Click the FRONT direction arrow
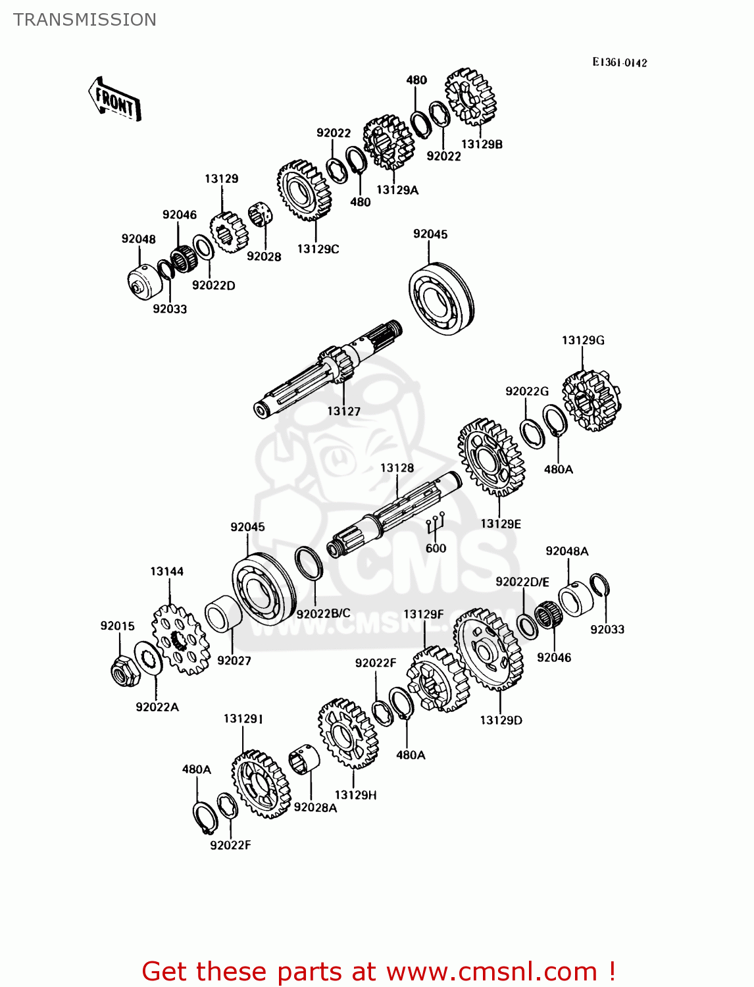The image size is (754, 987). (x=115, y=99)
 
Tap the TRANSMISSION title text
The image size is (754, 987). (x=85, y=20)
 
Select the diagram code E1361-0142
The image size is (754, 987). (x=619, y=63)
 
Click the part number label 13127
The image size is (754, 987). (x=343, y=411)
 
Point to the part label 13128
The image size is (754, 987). (x=397, y=468)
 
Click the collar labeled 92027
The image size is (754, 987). (x=222, y=614)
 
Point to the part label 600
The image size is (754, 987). (x=436, y=548)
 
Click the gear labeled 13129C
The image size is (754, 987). (x=304, y=190)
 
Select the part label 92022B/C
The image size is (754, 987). (x=323, y=614)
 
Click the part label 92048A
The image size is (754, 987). (x=566, y=551)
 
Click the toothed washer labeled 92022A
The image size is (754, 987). (x=149, y=658)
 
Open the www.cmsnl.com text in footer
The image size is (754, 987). (x=491, y=971)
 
